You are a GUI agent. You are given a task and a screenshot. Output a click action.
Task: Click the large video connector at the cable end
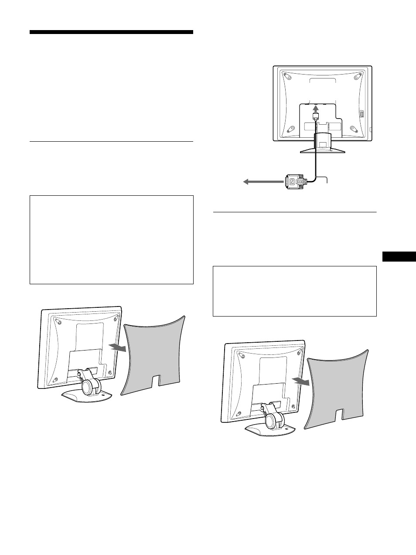tap(297, 181)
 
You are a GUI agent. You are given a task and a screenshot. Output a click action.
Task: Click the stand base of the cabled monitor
tap(323, 150)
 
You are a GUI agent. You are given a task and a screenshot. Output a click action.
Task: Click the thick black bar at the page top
tap(111, 32)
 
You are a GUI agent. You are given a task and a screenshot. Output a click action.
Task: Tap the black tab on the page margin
tap(399, 256)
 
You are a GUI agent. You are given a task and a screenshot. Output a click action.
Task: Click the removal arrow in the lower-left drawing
tap(119, 347)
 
